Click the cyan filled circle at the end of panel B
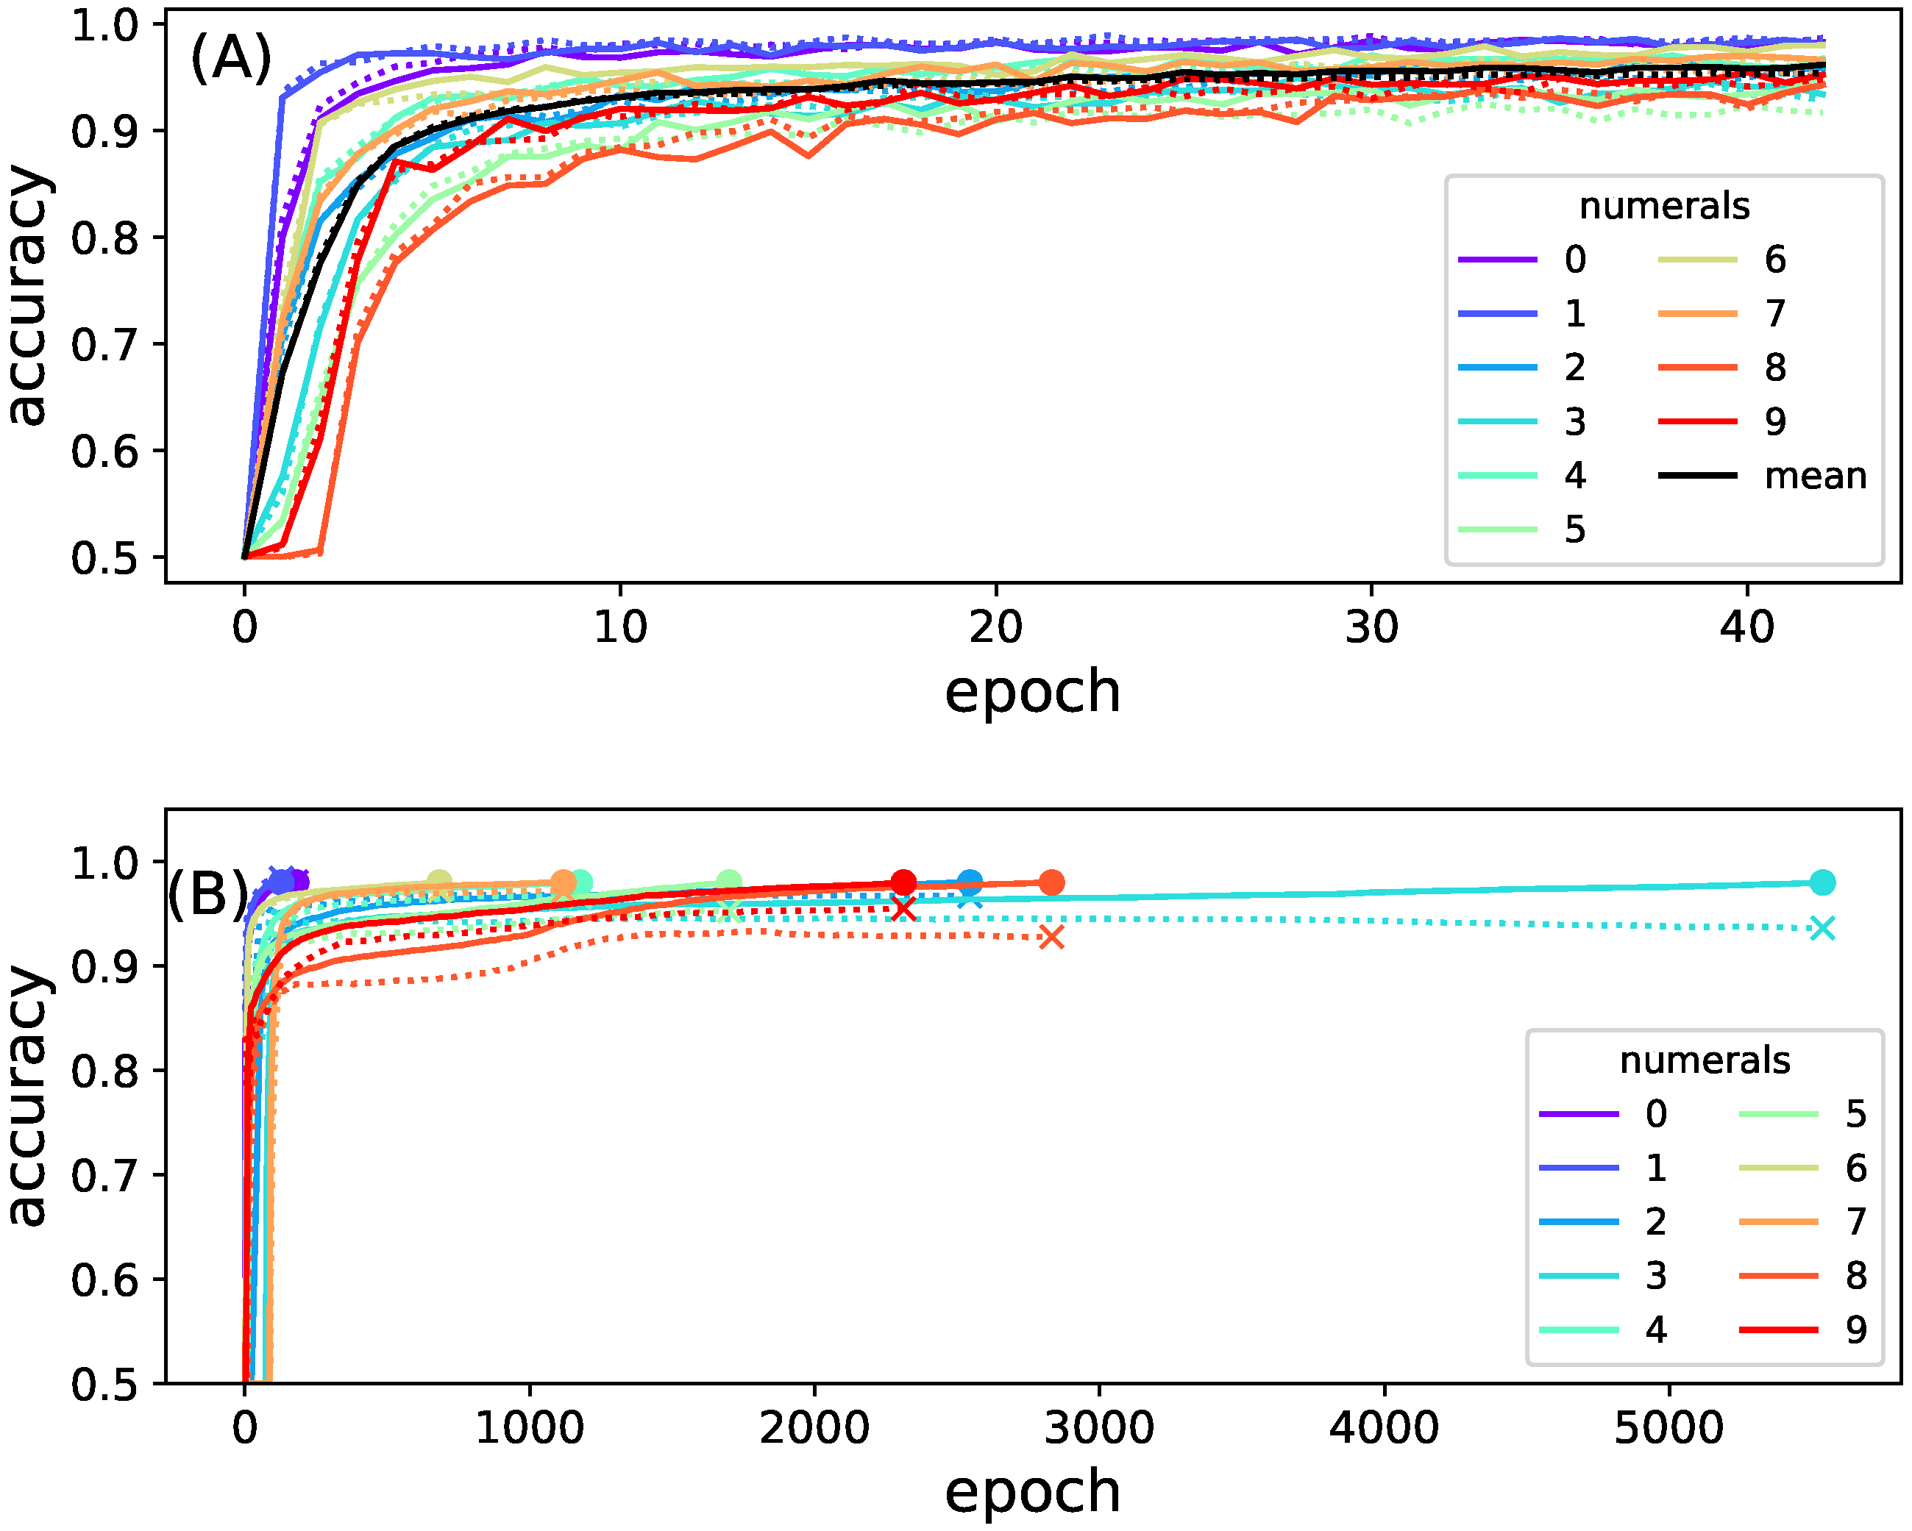[x=1822, y=883]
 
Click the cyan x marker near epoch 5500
[x=1822, y=929]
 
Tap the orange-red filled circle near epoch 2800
[x=1051, y=883]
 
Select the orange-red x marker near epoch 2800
[x=1051, y=937]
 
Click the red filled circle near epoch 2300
[x=903, y=882]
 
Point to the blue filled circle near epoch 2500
[x=970, y=882]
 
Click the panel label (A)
[x=230, y=59]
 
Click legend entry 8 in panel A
[x=1774, y=367]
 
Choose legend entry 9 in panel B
[x=1855, y=1330]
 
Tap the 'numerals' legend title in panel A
[x=1663, y=206]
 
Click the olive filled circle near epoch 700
[x=439, y=882]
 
